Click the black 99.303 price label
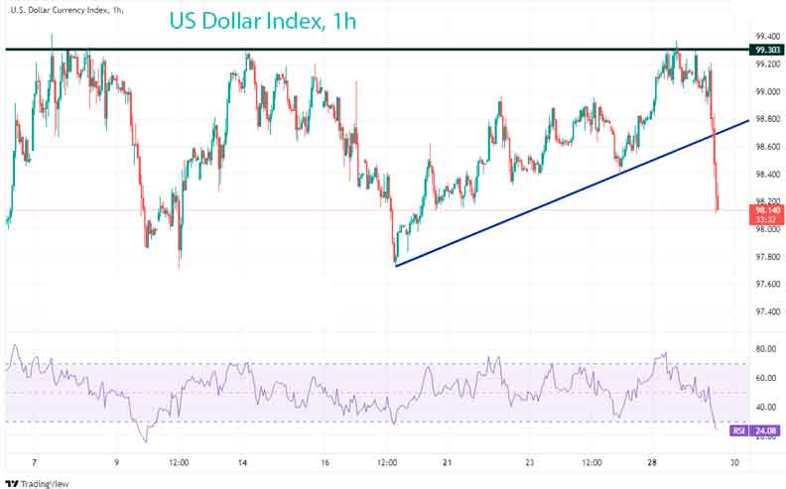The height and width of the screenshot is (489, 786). (765, 49)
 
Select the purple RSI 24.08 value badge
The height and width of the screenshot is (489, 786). (755, 430)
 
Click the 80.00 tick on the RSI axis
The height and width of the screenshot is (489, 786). (764, 349)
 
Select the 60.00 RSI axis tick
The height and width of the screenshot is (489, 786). (764, 378)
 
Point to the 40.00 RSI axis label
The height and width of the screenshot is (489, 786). (764, 407)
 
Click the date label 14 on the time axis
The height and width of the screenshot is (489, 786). (242, 463)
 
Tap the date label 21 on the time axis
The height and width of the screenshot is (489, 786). (448, 463)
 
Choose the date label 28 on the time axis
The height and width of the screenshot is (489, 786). (653, 463)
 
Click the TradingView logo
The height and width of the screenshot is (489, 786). (40, 483)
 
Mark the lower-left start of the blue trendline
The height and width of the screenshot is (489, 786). (395, 266)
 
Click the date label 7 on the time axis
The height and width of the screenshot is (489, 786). (35, 463)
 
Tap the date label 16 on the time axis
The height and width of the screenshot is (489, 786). (325, 463)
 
